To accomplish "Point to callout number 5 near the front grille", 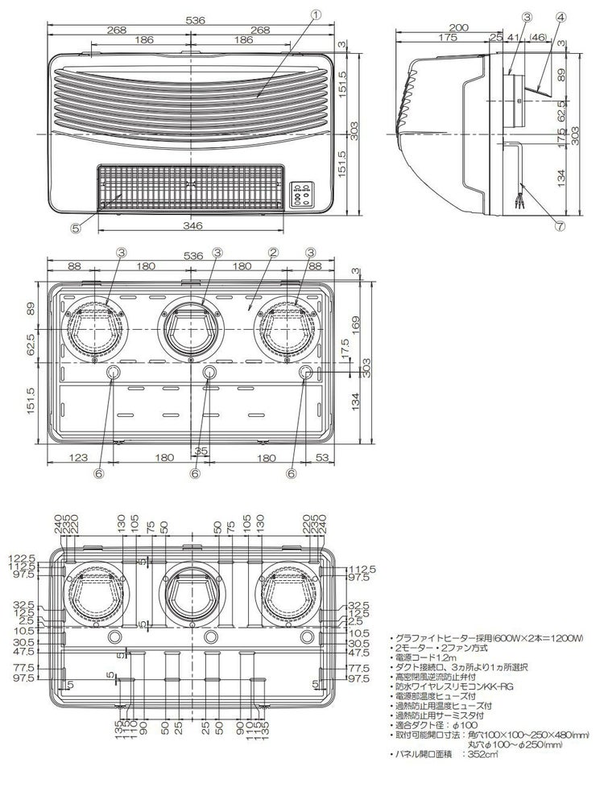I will pyautogui.click(x=74, y=228).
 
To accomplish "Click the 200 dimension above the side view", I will pyautogui.click(x=458, y=27).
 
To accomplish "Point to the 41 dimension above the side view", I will pyautogui.click(x=512, y=38).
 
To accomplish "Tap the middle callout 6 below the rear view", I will pyautogui.click(x=194, y=474).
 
